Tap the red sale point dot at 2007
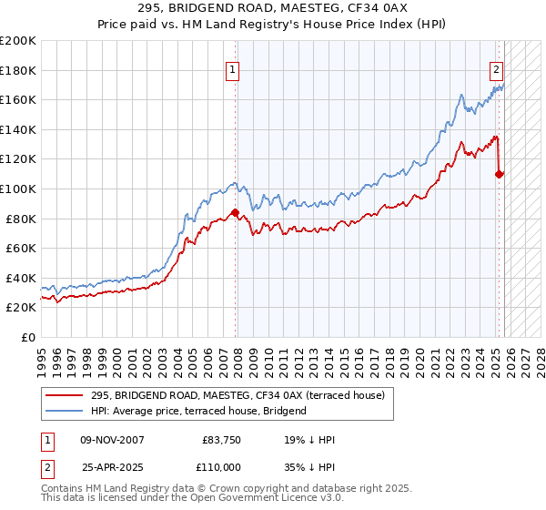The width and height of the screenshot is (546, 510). [236, 213]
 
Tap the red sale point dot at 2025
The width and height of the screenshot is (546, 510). [500, 174]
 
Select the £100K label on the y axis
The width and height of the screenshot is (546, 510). [18, 189]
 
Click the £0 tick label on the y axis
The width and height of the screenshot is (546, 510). [27, 337]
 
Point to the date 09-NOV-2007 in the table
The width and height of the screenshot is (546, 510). [101, 440]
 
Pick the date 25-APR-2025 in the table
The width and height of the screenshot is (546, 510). [101, 466]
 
